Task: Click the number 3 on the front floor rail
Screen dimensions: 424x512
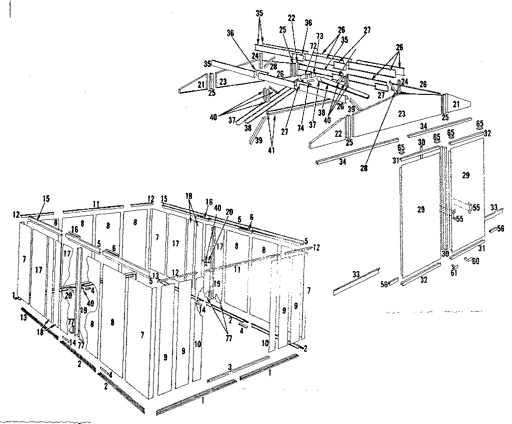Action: pos(229,367)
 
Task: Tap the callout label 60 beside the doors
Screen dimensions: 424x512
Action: pos(475,261)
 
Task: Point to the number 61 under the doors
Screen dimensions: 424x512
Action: pos(453,273)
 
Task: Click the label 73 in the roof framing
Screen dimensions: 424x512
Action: pos(320,37)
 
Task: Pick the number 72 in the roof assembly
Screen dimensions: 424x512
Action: pos(313,45)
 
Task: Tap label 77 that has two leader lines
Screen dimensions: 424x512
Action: pos(229,338)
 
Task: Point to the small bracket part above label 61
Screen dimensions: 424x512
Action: pos(453,266)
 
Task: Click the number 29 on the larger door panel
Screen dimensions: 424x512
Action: pos(420,209)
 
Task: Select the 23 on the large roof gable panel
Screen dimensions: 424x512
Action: pos(400,113)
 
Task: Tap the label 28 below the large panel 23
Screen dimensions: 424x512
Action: pos(363,169)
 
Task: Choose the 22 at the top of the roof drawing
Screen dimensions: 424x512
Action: pos(292,18)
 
